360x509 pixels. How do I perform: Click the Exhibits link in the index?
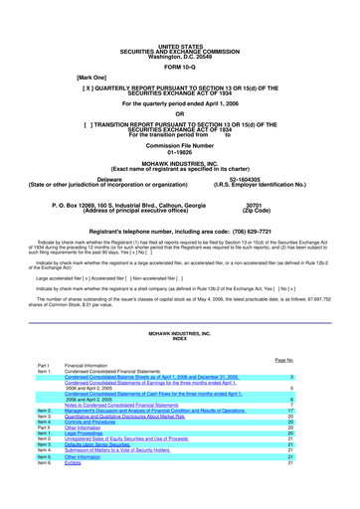pos(76,462)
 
